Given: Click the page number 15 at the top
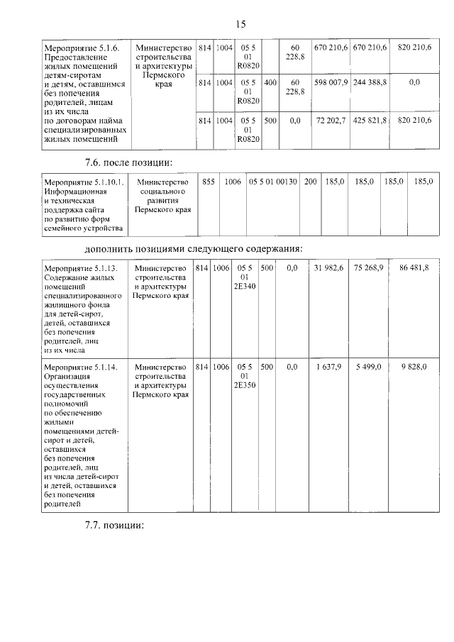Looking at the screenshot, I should click(240, 24).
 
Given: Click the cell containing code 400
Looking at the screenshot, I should click(270, 82).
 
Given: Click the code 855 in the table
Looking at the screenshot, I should click(209, 182).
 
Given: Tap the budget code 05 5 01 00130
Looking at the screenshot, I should click(272, 182).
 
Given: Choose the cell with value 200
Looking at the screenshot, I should click(311, 182).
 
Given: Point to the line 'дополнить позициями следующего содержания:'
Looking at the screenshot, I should click(194, 248).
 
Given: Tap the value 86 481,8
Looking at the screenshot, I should click(414, 268).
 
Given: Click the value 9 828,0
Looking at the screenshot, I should click(414, 366).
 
